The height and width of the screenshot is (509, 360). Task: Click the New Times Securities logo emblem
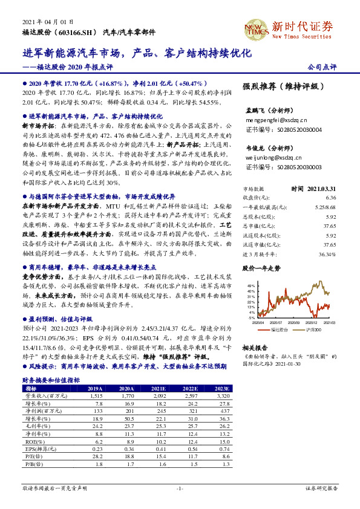tap(255, 27)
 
